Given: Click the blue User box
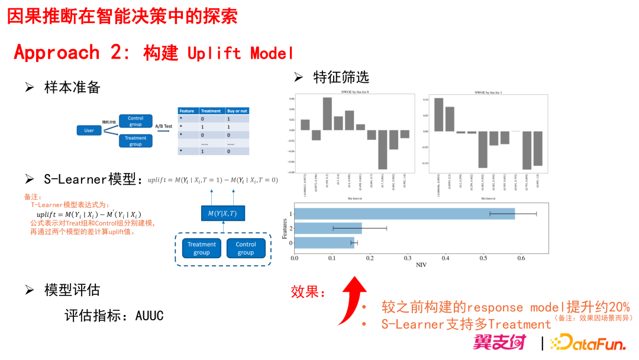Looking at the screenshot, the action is [89, 130].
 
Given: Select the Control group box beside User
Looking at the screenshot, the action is [135, 121].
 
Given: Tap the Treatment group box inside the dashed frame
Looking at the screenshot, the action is [201, 248].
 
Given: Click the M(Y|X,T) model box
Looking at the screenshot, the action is [222, 213].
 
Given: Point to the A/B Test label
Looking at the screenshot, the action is [164, 126].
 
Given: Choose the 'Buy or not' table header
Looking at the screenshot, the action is [237, 111].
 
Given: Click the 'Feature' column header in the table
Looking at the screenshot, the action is [187, 111].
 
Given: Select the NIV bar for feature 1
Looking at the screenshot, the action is [404, 214].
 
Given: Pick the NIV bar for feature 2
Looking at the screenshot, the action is [328, 228].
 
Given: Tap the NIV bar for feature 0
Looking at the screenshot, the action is [324, 242].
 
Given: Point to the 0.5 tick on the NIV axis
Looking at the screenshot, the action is [483, 258].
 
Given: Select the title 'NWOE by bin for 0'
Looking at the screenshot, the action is [354, 92].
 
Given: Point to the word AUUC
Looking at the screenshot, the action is [149, 316].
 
